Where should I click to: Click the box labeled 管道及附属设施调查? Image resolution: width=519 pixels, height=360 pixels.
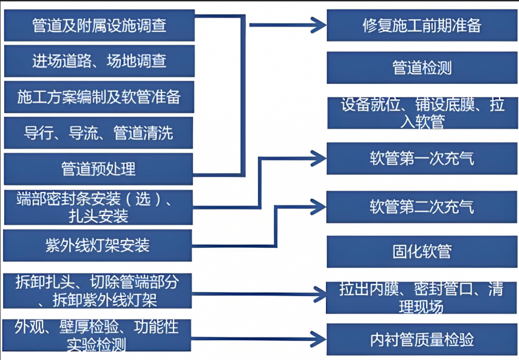[x=99, y=25]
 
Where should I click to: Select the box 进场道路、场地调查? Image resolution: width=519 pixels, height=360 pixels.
[x=99, y=61]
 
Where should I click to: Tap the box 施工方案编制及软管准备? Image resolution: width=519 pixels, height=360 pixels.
[x=99, y=97]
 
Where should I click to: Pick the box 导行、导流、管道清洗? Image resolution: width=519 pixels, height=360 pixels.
[x=99, y=133]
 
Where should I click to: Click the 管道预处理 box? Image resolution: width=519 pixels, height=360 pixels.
[x=99, y=169]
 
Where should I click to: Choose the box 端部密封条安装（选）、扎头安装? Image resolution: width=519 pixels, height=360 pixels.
[x=99, y=207]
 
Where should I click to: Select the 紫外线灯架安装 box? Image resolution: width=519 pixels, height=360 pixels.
[x=99, y=245]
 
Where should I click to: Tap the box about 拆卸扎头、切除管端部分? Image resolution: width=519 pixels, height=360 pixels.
[x=99, y=291]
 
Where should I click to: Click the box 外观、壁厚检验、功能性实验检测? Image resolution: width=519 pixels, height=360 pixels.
[x=99, y=335]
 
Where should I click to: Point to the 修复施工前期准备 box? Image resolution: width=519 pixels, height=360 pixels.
[x=422, y=25]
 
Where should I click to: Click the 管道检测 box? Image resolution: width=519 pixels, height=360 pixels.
[x=422, y=68]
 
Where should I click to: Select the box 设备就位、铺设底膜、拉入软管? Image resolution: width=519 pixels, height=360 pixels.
[x=422, y=113]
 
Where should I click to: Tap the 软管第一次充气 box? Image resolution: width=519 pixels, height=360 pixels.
[x=422, y=158]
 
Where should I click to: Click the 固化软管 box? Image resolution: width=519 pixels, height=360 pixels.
[x=422, y=252]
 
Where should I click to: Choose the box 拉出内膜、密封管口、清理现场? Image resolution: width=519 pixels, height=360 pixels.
[x=422, y=298]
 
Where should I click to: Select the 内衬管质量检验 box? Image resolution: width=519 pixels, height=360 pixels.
[x=422, y=339]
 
